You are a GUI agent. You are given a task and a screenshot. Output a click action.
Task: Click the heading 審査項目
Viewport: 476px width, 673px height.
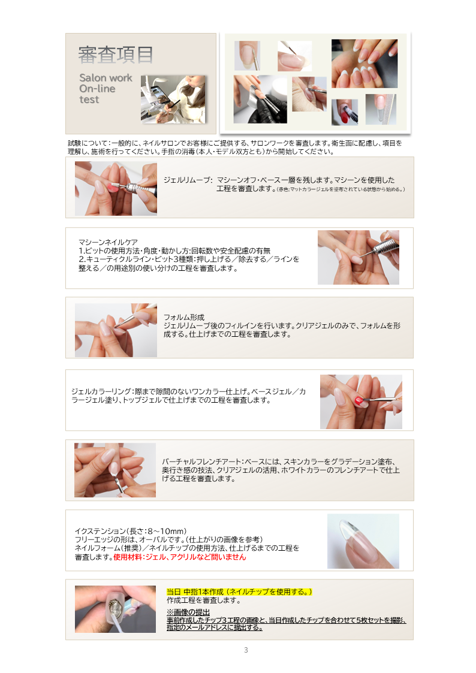116,55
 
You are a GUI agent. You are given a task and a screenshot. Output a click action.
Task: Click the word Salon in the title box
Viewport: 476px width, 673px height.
93,78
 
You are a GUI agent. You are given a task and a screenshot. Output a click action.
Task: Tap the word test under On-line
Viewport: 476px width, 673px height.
89,99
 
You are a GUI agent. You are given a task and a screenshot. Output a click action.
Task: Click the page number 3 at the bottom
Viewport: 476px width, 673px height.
246,650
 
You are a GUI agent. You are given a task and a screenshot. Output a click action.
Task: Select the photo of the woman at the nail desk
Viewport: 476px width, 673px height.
173,99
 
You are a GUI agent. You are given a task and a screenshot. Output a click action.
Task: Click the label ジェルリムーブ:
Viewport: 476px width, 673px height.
188,180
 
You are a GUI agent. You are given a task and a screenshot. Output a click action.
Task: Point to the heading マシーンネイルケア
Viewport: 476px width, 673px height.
108,242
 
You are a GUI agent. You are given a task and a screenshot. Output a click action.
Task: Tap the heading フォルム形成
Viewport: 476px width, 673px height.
183,317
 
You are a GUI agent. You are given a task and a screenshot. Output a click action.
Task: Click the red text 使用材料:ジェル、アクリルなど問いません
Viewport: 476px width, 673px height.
179,557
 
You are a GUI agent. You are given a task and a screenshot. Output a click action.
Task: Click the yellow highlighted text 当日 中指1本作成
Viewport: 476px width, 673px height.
195,592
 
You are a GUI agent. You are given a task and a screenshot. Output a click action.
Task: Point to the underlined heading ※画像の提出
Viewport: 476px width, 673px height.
188,612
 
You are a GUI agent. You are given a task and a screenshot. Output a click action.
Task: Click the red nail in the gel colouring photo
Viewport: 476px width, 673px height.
359,401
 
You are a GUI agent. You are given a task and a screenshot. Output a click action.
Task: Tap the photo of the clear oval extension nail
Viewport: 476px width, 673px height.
363,541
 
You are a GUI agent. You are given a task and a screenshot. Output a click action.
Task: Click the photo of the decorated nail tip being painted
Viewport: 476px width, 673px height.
115,609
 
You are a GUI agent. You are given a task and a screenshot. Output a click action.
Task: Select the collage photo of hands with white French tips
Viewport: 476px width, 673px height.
364,64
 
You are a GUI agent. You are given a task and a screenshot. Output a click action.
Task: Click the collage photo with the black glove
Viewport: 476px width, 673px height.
260,99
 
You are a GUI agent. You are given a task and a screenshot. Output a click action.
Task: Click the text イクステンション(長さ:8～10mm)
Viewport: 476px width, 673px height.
131,531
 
